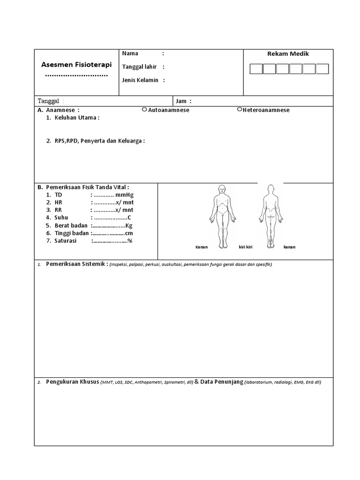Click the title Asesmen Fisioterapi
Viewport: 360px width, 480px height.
[x=75, y=64]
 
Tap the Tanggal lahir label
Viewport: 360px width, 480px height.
[x=139, y=67]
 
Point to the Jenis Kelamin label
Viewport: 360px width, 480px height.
[x=140, y=80]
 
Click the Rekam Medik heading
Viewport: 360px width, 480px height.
[x=288, y=54]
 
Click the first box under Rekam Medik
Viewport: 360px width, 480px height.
[x=256, y=69]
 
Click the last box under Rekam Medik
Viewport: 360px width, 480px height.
[x=322, y=69]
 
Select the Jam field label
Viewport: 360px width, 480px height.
[x=181, y=101]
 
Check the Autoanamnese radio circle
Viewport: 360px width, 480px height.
[x=144, y=109]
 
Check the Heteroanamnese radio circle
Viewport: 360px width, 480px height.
[x=240, y=109]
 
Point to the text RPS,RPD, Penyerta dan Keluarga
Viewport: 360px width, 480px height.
[x=98, y=141]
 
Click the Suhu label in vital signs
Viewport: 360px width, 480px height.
[x=61, y=217]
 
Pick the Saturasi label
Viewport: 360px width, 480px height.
[x=66, y=240]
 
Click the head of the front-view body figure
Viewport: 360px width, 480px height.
[x=222, y=190]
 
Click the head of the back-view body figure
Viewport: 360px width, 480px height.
[x=270, y=190]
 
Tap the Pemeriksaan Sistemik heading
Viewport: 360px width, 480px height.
[x=77, y=264]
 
